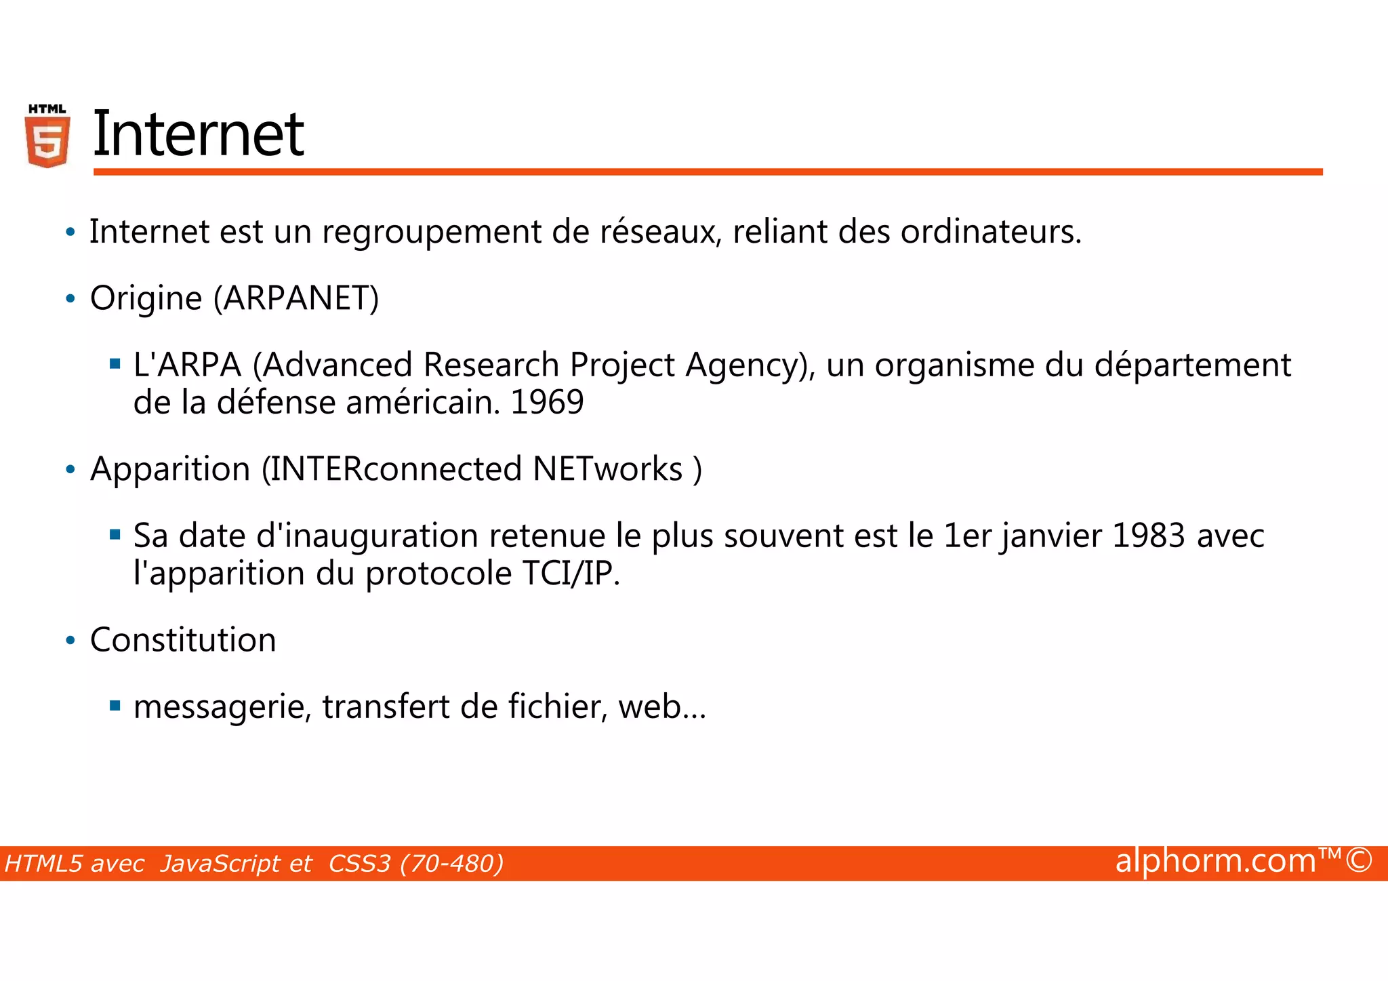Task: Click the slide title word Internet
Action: [198, 134]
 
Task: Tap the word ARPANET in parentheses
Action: [296, 298]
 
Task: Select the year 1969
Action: [547, 403]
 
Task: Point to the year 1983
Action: [1148, 536]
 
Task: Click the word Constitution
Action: [183, 640]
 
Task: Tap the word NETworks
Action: [607, 469]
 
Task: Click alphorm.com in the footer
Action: [1215, 861]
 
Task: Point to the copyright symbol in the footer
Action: [1358, 860]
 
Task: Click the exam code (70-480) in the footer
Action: [452, 864]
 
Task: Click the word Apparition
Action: [170, 469]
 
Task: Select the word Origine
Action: [146, 298]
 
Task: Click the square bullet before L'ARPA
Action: [115, 365]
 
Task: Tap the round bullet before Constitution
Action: [70, 641]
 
